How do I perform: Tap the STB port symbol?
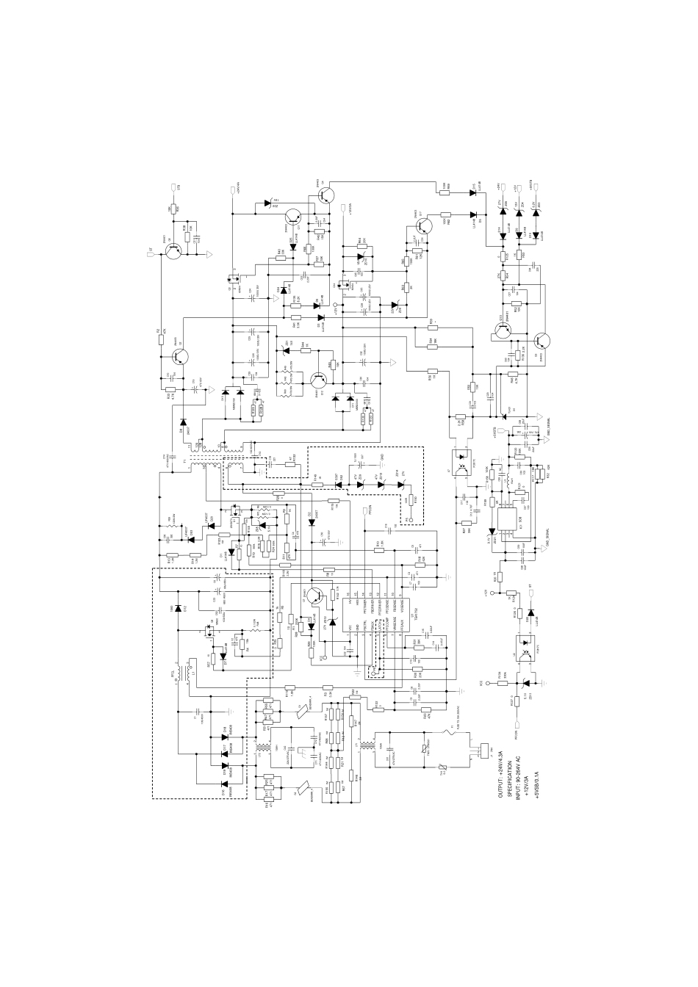(172, 189)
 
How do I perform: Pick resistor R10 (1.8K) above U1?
(378, 547)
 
